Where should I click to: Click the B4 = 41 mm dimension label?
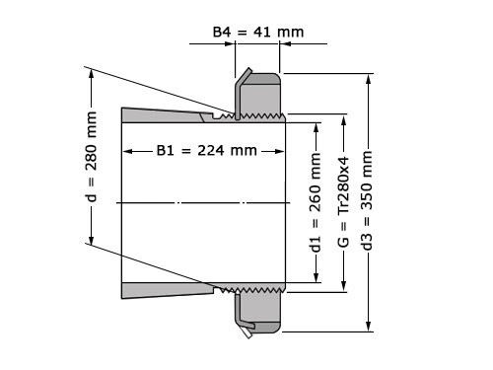(x=258, y=32)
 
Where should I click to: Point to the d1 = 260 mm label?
(x=316, y=203)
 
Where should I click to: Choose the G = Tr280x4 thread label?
(x=343, y=203)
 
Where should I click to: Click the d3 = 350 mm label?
(x=369, y=203)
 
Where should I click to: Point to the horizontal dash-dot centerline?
(x=197, y=201)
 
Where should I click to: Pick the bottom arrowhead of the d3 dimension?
(x=369, y=329)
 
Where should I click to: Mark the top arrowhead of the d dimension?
(x=91, y=73)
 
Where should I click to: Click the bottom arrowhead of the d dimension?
(x=91, y=242)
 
